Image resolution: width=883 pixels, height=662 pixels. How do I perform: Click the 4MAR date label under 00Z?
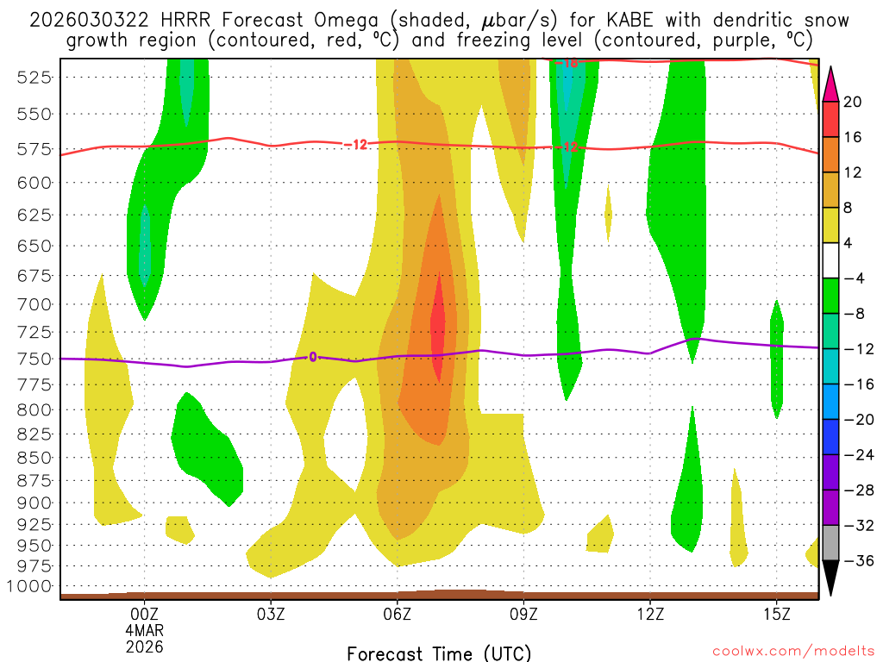(x=144, y=629)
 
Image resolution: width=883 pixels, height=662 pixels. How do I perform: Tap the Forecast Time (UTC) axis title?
(x=439, y=653)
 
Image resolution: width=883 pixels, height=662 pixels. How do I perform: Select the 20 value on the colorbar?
(x=853, y=102)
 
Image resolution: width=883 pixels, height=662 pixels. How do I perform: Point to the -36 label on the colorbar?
(x=856, y=561)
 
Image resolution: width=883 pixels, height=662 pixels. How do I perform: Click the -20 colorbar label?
(x=856, y=420)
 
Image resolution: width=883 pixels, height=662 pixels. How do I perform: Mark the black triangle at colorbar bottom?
(x=831, y=578)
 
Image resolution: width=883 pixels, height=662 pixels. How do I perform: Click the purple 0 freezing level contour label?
(x=312, y=357)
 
